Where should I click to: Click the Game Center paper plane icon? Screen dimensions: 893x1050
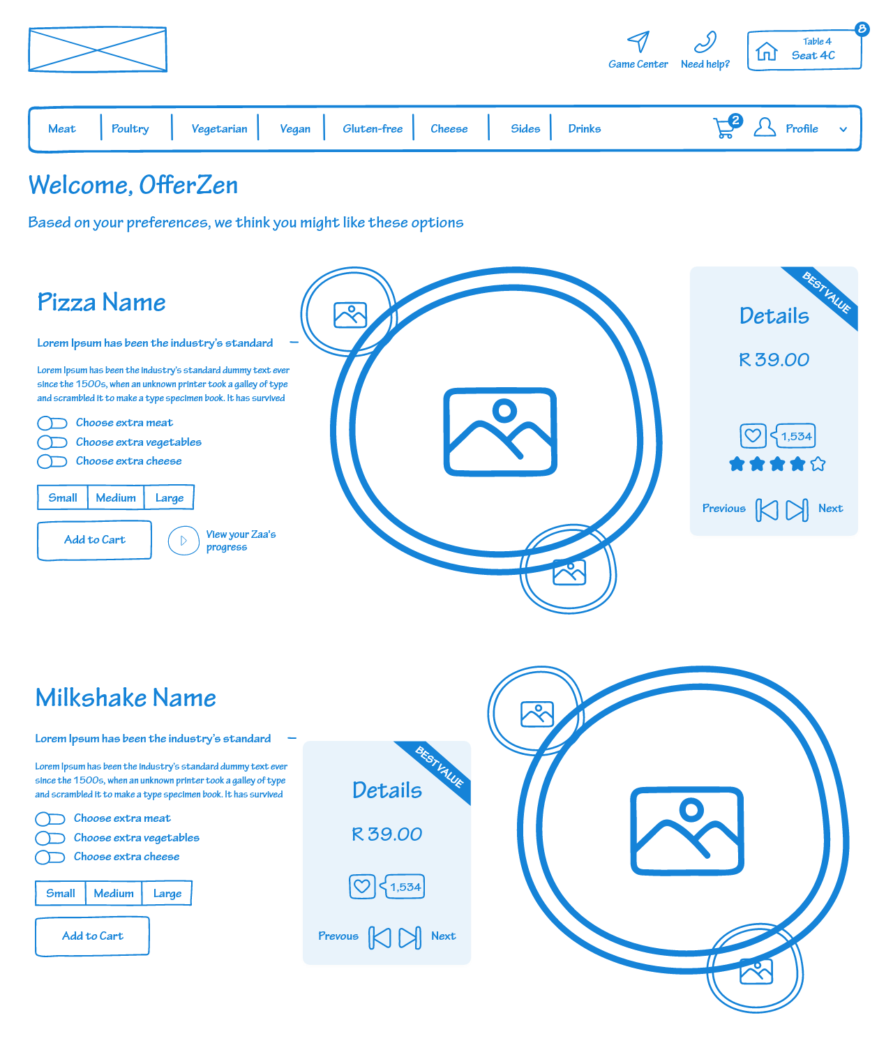(638, 41)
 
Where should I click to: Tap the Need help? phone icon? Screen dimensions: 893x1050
(705, 42)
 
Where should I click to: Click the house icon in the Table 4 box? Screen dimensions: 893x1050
(766, 51)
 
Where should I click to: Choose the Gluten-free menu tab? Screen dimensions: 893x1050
(373, 129)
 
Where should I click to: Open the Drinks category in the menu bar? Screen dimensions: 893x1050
(584, 129)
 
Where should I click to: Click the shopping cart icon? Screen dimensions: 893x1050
(724, 128)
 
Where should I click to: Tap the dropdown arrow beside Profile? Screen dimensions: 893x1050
(843, 130)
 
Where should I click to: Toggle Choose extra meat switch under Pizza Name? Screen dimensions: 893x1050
(52, 423)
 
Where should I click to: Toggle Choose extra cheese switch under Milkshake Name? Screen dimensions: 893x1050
(50, 857)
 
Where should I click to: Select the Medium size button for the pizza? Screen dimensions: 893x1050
(116, 497)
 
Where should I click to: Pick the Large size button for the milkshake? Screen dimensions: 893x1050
(167, 893)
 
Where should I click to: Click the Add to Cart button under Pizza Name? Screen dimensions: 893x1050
(94, 540)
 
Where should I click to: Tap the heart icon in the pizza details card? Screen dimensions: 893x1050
(753, 436)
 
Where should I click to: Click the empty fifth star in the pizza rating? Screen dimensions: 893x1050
(818, 464)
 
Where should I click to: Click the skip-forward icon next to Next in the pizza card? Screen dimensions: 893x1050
(797, 510)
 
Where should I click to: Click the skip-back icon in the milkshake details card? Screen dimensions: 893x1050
(380, 937)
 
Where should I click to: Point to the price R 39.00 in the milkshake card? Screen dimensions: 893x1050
(387, 834)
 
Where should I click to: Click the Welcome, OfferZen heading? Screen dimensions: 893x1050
(133, 185)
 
